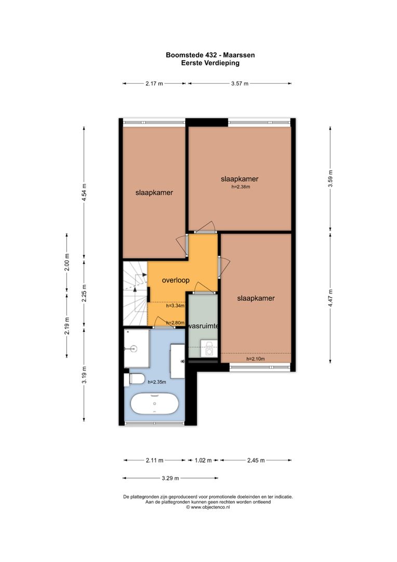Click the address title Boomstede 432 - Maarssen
[210, 55]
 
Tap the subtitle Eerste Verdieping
[210, 62]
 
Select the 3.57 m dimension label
[240, 83]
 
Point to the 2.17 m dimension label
[154, 83]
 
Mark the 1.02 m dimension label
[203, 460]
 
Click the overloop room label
[176, 280]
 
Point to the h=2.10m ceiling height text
[255, 359]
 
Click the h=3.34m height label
[175, 306]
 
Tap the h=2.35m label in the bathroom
[157, 382]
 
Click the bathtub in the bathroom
[155, 404]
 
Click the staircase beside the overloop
[135, 292]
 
